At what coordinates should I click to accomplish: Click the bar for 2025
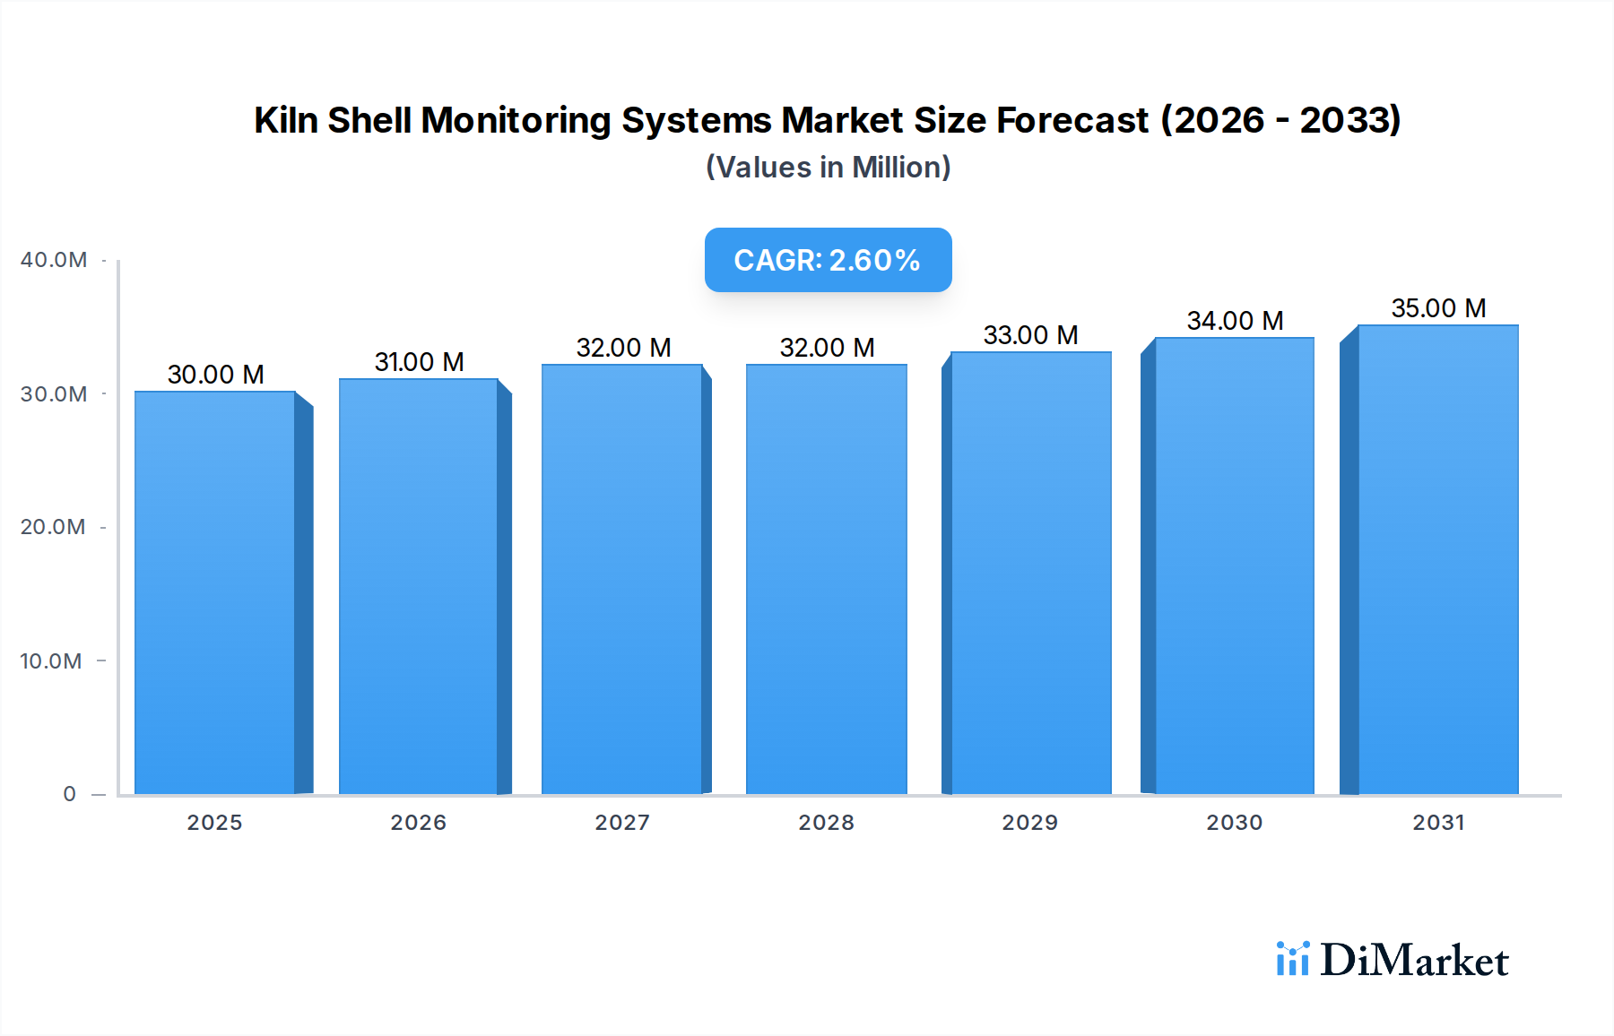[x=215, y=591]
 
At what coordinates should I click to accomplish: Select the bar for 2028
[x=826, y=579]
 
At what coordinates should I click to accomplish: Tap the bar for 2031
[x=1438, y=559]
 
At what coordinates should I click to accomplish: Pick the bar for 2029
[x=1030, y=573]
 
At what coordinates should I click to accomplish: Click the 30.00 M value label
[x=215, y=375]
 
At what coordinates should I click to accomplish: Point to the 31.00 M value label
[x=419, y=362]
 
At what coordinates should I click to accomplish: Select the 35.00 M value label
[x=1438, y=308]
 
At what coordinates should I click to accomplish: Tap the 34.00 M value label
[x=1235, y=321]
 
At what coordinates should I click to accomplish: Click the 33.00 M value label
[x=1030, y=335]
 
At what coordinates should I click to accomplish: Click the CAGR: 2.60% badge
[x=828, y=260]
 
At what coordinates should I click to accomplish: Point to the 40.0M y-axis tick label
[x=54, y=260]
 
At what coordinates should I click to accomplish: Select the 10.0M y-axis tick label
[x=51, y=661]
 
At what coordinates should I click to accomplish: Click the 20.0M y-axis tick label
[x=53, y=527]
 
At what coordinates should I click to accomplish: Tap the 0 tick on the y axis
[x=69, y=794]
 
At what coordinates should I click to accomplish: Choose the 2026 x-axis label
[x=418, y=823]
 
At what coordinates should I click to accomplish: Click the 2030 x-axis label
[x=1234, y=823]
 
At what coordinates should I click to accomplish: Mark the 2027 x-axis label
[x=622, y=823]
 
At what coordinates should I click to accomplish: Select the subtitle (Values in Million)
[x=828, y=168]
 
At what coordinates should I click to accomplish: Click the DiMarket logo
[x=1392, y=960]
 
